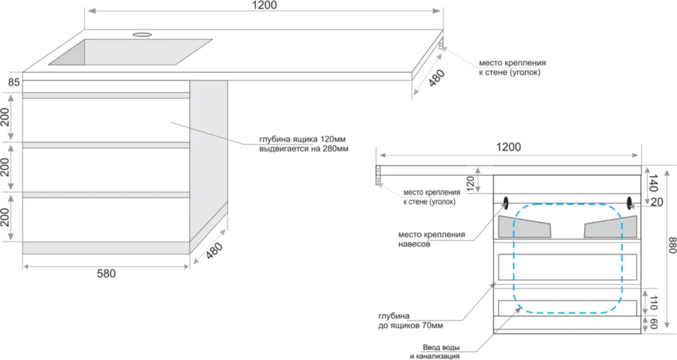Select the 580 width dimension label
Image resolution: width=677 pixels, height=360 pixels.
[106, 273]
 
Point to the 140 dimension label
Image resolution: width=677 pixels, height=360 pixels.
[652, 181]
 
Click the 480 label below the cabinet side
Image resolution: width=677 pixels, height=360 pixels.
[214, 253]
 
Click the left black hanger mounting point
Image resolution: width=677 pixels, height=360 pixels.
[507, 202]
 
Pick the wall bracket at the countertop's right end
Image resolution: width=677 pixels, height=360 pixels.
[441, 45]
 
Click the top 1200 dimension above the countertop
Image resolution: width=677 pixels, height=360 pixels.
[265, 5]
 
